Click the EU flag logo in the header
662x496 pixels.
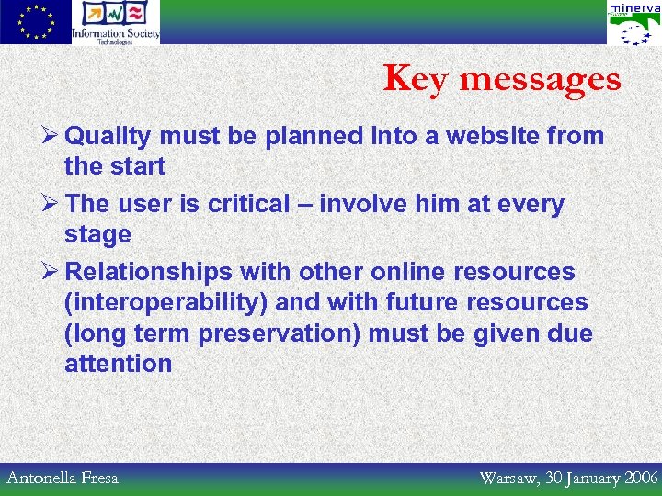35,22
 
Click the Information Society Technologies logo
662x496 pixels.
116,22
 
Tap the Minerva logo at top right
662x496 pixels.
633,23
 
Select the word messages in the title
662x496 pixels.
540,80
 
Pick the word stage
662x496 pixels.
97,235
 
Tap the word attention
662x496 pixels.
118,364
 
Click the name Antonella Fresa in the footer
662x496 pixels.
63,478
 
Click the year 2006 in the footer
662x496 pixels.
640,478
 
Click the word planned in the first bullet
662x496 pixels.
314,137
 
